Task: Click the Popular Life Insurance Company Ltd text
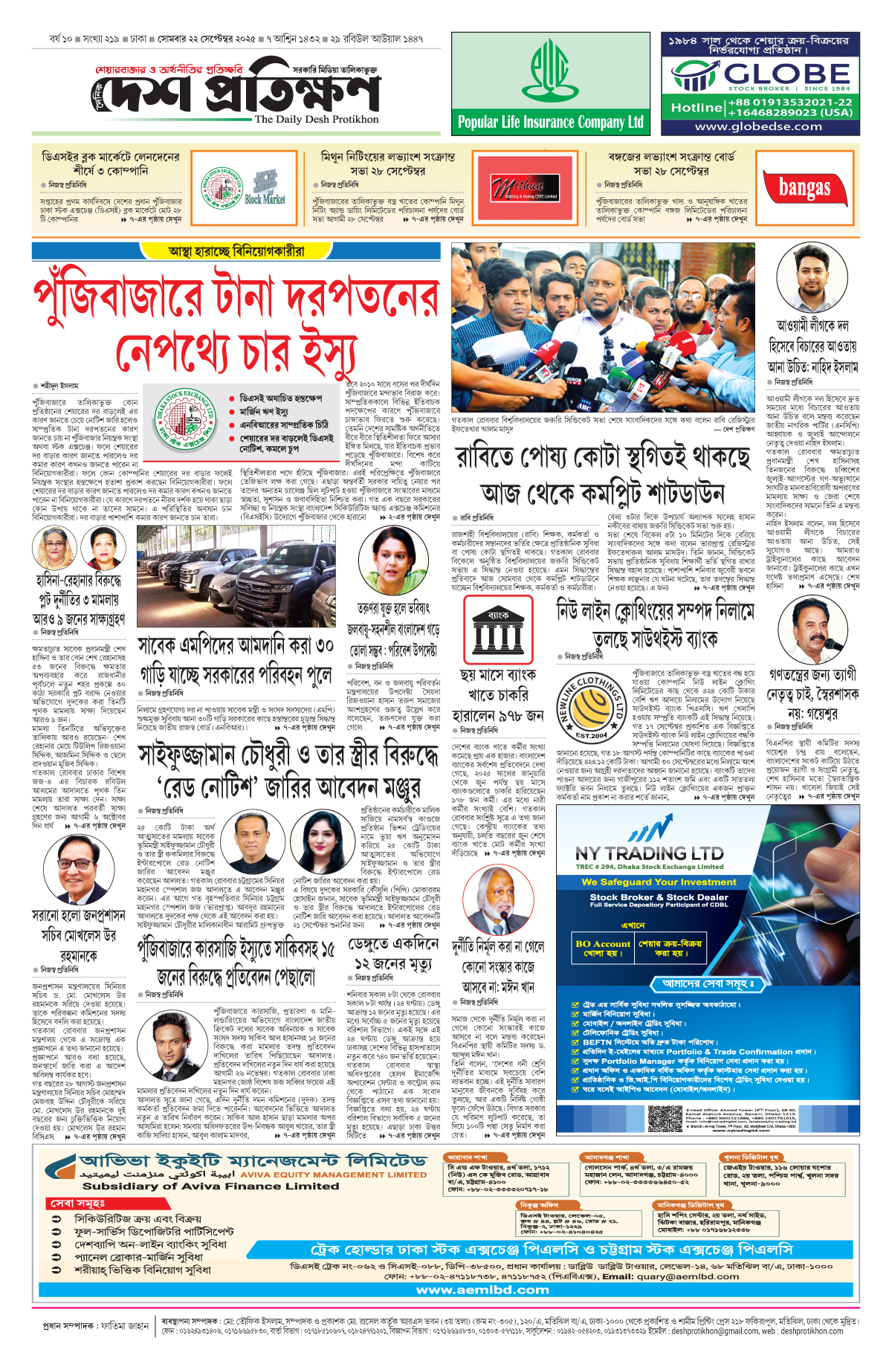[550, 122]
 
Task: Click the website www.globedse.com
[758, 126]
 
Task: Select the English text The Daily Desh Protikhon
[317, 119]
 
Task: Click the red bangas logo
[804, 188]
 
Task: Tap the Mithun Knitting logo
[524, 188]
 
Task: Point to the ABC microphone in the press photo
[584, 406]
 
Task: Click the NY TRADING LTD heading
[649, 853]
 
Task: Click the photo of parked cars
[236, 577]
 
